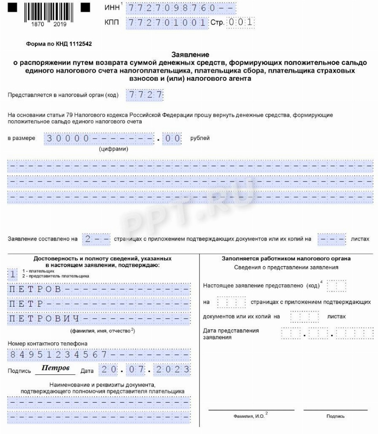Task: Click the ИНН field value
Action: [181, 8]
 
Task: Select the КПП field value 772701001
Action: [167, 23]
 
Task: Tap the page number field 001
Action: [240, 23]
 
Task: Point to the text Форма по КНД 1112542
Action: [59, 44]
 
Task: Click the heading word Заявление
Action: [190, 55]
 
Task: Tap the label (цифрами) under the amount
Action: [113, 149]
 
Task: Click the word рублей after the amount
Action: [200, 138]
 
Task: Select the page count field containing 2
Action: [96, 239]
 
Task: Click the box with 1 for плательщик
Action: [13, 274]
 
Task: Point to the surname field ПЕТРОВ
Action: [99, 290]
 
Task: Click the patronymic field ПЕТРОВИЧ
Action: [99, 319]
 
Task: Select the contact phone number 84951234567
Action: [99, 355]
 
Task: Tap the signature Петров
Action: [55, 369]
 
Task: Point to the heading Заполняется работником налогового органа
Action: [286, 259]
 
